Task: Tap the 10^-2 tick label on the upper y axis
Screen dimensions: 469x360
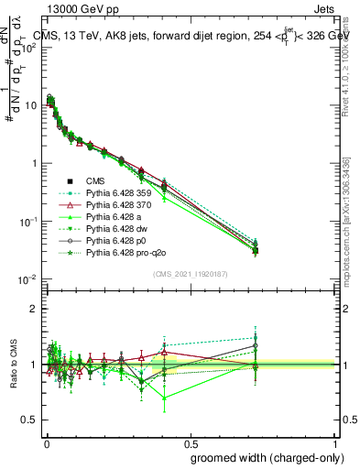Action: [27, 279]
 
